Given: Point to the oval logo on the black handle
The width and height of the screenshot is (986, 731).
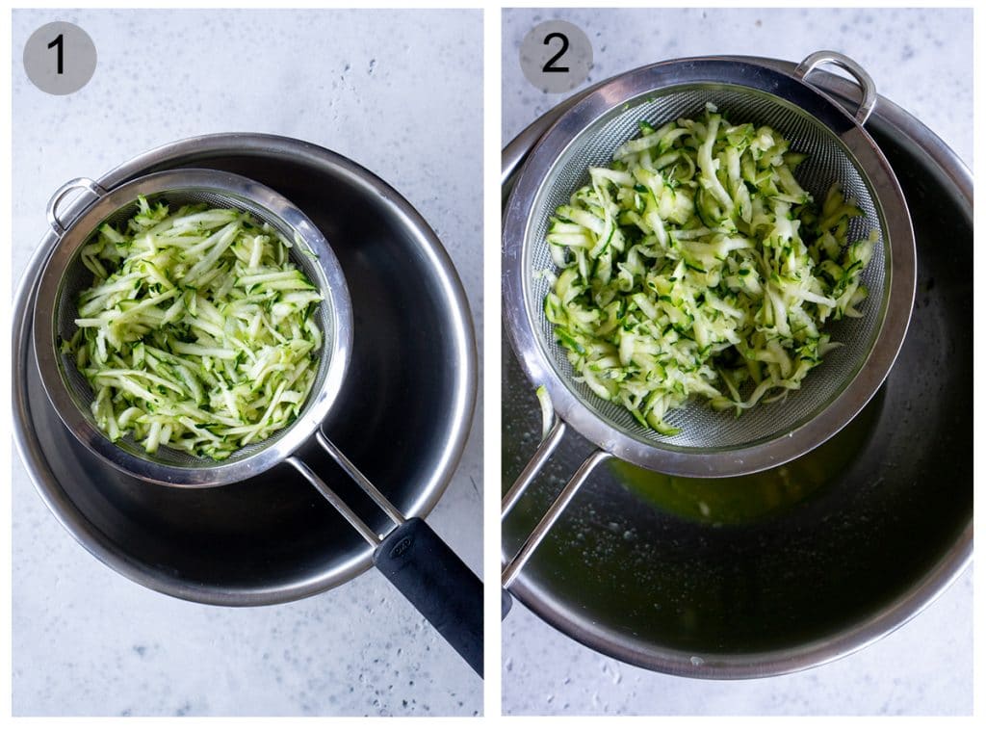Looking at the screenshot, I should [400, 548].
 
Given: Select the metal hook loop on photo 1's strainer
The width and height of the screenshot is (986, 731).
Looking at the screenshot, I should [71, 200].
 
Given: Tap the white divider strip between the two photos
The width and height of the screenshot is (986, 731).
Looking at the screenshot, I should [492, 366].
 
